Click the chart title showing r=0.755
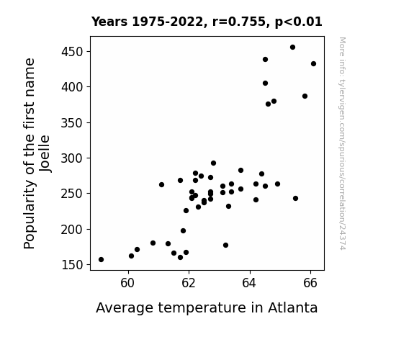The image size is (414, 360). (207, 22)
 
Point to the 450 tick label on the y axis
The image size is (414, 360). (72, 52)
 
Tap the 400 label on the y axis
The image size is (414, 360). (72, 87)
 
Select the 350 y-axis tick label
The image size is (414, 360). (72, 123)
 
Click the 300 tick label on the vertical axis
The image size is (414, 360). (72, 158)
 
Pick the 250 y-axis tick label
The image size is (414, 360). (72, 194)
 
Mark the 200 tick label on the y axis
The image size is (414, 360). (72, 230)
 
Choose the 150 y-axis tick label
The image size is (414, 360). (72, 265)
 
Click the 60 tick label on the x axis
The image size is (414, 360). (127, 283)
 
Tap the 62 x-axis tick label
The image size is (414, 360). (189, 283)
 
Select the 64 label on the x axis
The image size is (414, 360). (249, 283)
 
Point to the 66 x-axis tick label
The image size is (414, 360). (310, 283)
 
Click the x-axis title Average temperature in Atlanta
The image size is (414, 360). (207, 308)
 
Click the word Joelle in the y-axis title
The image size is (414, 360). (45, 153)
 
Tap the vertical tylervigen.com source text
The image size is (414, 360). (342, 143)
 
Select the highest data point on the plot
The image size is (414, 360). (292, 48)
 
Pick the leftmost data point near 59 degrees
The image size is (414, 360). (101, 260)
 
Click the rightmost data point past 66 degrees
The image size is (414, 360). (313, 63)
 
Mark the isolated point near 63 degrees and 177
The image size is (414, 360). (225, 245)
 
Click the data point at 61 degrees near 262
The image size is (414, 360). (161, 184)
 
